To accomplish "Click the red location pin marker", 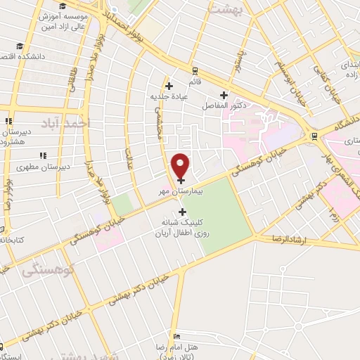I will (x=181, y=165).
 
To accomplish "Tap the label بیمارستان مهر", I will (x=181, y=191).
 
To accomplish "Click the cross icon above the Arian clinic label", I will (x=183, y=212).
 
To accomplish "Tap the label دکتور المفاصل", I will (x=224, y=105).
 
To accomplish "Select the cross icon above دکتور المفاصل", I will (x=224, y=96).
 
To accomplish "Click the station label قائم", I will (x=195, y=82).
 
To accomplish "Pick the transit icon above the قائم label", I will (x=195, y=71).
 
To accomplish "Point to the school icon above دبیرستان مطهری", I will (x=43, y=155).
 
